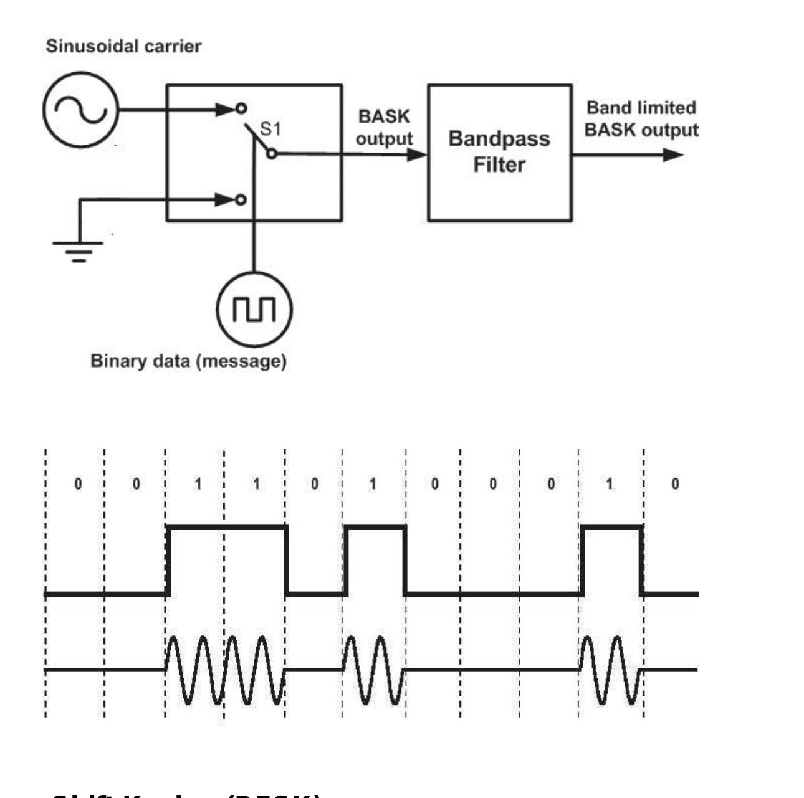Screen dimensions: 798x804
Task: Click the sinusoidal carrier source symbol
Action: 80,110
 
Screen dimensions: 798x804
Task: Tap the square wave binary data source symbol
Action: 254,309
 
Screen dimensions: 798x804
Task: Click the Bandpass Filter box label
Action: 499,151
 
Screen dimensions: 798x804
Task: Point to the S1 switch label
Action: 270,130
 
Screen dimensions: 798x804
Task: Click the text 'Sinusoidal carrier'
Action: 123,46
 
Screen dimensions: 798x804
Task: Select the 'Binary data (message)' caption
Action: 188,361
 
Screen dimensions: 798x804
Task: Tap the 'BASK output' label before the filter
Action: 384,128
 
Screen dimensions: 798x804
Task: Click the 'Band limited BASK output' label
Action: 641,118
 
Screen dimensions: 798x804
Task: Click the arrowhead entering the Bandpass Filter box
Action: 417,154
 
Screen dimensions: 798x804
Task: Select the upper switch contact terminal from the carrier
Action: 241,109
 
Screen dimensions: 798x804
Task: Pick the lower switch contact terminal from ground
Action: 241,199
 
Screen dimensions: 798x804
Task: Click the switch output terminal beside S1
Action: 272,153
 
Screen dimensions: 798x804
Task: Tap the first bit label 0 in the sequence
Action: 78,484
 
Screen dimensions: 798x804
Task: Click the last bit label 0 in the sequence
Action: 675,484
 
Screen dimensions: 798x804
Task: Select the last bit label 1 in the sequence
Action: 610,484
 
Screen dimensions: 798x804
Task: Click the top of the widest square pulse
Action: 226,527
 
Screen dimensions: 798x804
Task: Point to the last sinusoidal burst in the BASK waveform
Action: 611,670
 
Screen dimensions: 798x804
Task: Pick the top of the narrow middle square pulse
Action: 375,527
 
